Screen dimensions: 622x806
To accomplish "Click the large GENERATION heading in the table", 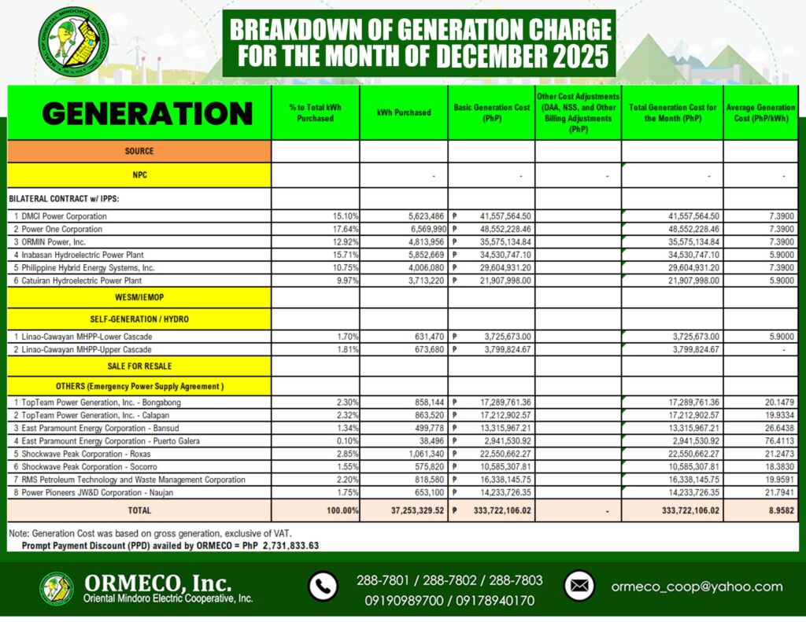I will coord(147,113).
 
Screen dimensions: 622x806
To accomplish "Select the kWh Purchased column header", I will coord(403,112).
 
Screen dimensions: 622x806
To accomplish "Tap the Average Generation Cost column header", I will coord(760,112).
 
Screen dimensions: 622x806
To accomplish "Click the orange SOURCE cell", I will coord(139,151).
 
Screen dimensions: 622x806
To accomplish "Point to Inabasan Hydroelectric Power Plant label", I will coord(83,254).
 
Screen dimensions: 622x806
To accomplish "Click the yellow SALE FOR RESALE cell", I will coord(139,366).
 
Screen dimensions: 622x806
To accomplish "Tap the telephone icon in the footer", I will coord(322,587).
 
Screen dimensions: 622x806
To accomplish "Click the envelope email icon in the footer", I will coord(579,587).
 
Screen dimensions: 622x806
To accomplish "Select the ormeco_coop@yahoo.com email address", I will coord(697,587).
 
